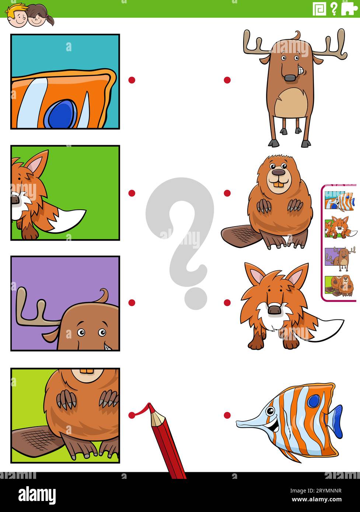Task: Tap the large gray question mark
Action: (x=179, y=236)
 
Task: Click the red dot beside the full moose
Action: (x=227, y=80)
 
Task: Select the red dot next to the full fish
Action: (x=227, y=415)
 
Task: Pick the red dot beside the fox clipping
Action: (x=132, y=193)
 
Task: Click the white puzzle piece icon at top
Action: (x=348, y=8)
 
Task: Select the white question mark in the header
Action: (x=334, y=8)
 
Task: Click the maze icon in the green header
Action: (x=319, y=8)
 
